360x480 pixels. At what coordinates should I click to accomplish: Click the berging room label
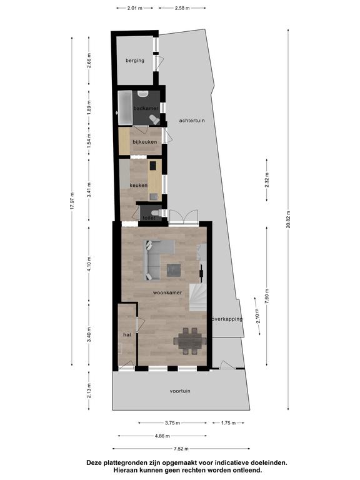pos(135,61)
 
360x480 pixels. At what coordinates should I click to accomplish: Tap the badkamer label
pos(146,108)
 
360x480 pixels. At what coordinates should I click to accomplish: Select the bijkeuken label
pos(145,142)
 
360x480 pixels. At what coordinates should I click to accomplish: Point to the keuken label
pos(138,185)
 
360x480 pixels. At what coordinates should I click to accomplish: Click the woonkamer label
pos(167,292)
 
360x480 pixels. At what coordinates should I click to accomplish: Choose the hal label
pos(127,334)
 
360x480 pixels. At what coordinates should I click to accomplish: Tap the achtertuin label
pos(192,120)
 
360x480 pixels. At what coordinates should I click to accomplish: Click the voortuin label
pos(180,391)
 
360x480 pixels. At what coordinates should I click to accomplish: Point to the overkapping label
pos(227,319)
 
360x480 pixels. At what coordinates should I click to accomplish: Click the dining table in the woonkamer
pos(190,341)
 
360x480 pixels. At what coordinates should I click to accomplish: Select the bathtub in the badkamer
pos(125,107)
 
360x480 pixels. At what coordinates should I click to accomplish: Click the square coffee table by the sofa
pos(174,270)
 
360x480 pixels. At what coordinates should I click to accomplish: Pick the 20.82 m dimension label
pos(288,220)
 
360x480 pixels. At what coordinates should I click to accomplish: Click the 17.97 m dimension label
pos(72,201)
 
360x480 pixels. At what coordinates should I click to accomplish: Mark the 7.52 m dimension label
pos(181,449)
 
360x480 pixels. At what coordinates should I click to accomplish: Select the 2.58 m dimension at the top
pos(182,8)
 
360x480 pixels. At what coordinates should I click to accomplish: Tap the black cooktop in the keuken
pos(152,166)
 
